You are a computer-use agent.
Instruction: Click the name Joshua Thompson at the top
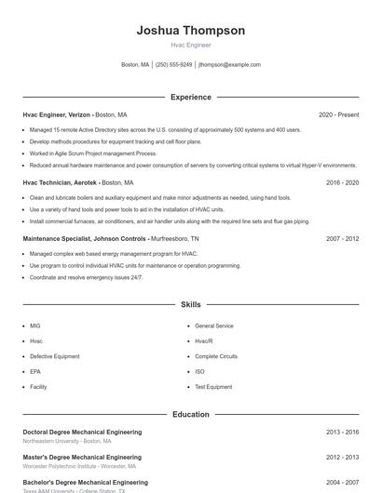[190, 31]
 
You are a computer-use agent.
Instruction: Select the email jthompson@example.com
[229, 65]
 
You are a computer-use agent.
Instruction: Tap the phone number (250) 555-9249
[174, 65]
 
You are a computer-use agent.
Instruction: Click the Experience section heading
[190, 97]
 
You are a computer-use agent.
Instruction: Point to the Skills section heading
[190, 304]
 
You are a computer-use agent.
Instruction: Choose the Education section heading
[190, 414]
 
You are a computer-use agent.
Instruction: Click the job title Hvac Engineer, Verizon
[56, 114]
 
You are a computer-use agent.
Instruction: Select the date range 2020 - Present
[338, 114]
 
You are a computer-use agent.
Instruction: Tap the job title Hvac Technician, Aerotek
[60, 183]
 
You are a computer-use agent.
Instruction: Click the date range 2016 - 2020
[342, 183]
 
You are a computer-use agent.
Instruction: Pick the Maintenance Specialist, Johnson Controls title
[85, 238]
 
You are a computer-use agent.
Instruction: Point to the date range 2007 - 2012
[342, 238]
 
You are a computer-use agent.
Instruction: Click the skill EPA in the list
[35, 371]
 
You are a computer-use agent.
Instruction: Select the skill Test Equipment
[213, 386]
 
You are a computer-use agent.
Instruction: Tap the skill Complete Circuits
[216, 356]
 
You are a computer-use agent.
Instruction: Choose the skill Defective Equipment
[54, 356]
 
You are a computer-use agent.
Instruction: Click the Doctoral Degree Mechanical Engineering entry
[82, 432]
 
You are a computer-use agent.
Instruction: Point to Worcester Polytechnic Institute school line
[73, 465]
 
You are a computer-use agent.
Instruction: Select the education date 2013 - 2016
[342, 432]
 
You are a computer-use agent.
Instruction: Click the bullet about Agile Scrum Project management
[93, 153]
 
